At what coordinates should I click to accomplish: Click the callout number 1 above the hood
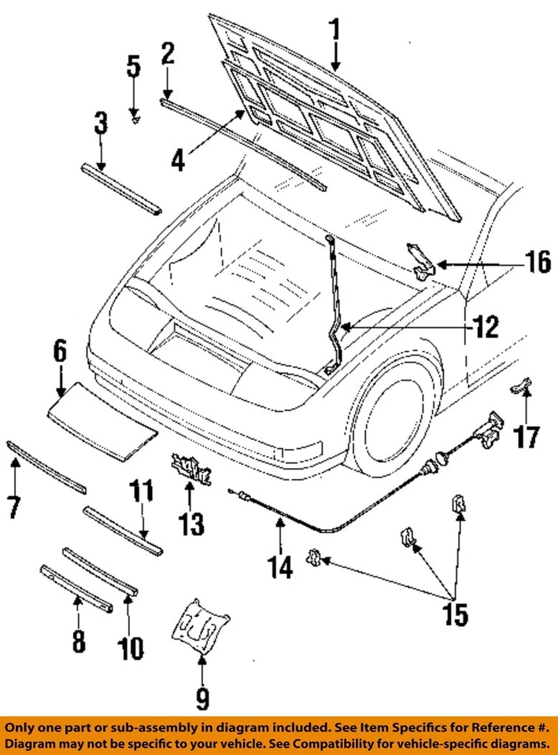click(x=335, y=31)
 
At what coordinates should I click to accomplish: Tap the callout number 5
click(x=134, y=66)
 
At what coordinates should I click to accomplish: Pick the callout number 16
click(x=537, y=263)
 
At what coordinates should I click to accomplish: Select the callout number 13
click(x=191, y=524)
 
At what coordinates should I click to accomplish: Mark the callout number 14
click(x=279, y=567)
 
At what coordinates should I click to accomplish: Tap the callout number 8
click(x=79, y=640)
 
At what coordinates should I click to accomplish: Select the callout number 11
click(x=141, y=490)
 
